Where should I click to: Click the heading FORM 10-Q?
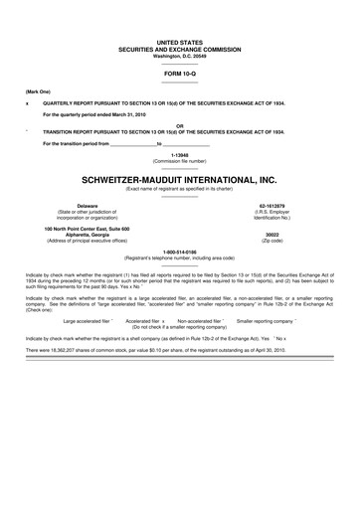tap(179, 75)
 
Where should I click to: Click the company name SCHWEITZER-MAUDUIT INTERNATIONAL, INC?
tap(180, 179)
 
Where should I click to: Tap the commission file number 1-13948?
tap(179, 155)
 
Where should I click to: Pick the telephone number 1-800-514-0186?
tap(179, 254)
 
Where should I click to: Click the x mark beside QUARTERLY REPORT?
tap(27, 103)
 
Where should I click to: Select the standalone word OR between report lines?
tap(179, 125)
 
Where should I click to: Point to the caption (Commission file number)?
tap(179, 161)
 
